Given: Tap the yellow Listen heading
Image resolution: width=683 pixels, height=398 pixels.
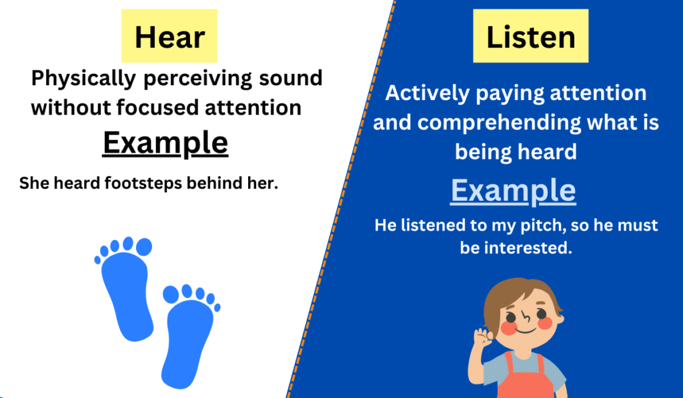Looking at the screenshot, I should [530, 37].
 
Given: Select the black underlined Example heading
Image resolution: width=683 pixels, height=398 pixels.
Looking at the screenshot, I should [165, 143].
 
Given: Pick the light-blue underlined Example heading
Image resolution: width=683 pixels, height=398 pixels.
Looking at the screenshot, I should [513, 191].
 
